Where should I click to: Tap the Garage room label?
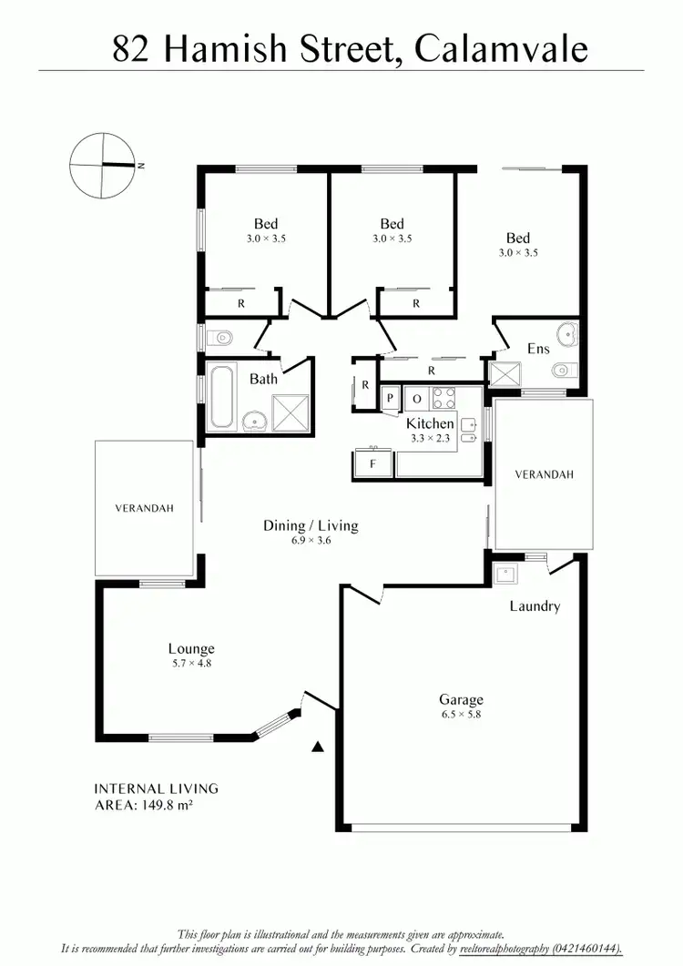[x=461, y=699]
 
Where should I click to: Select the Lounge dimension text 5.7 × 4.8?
[x=190, y=663]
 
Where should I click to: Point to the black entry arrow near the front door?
[x=318, y=747]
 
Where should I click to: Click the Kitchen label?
[x=430, y=423]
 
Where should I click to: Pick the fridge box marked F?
[x=372, y=463]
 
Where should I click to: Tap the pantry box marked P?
[x=390, y=398]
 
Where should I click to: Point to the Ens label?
[x=538, y=348]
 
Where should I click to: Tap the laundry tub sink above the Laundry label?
[x=505, y=574]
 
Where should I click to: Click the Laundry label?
[x=535, y=606]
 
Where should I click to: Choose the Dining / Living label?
[x=311, y=525]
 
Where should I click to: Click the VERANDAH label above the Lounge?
[x=144, y=508]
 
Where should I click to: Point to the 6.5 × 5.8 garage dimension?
[x=461, y=714]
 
